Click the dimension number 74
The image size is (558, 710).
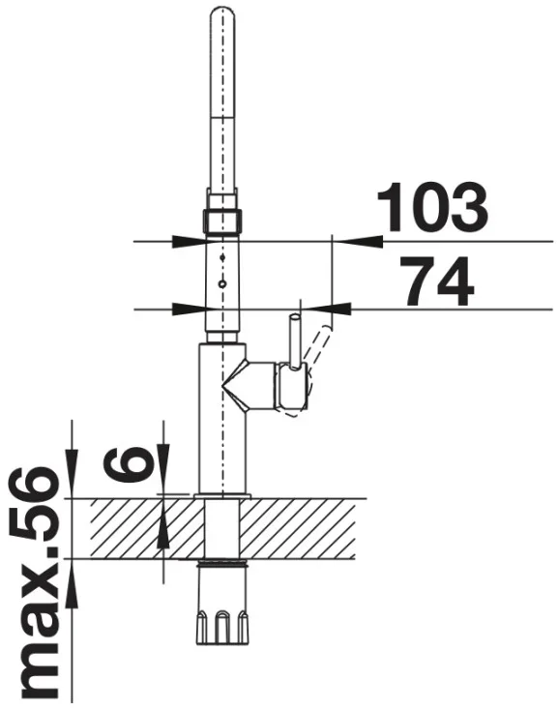(x=438, y=281)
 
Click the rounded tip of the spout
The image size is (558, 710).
(x=221, y=13)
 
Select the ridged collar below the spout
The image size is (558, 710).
(x=221, y=222)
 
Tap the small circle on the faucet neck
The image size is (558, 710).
(x=221, y=284)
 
